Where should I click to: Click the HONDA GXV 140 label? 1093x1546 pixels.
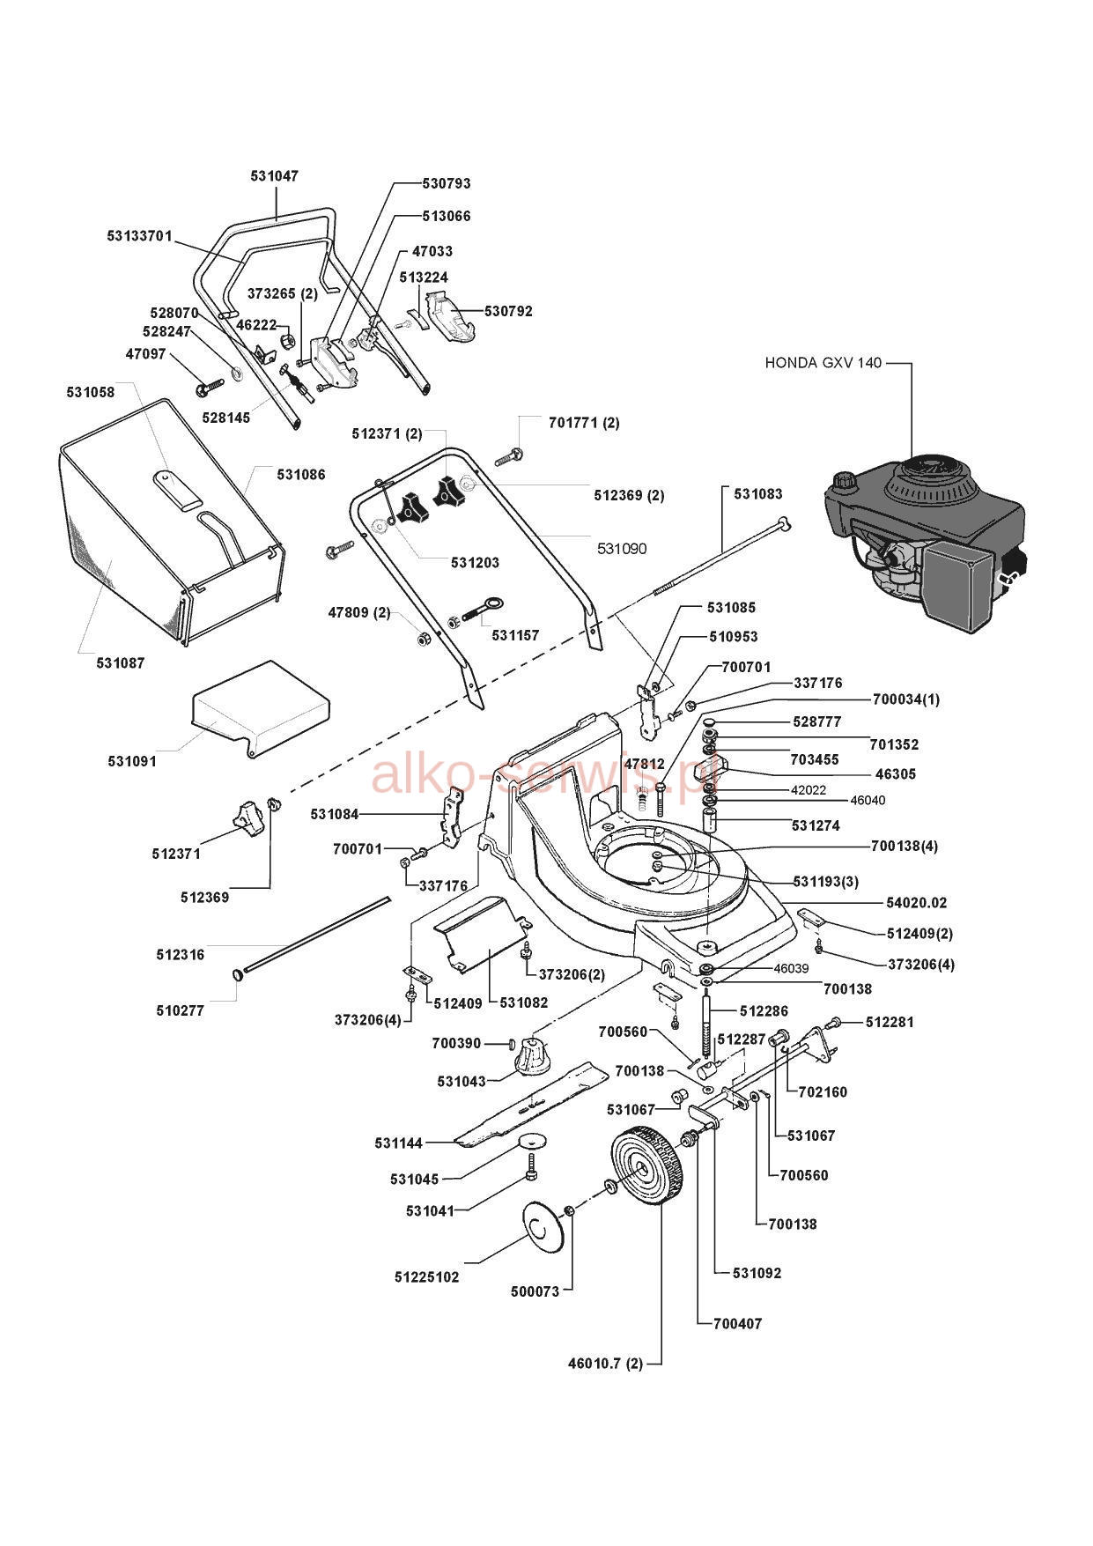coord(822,362)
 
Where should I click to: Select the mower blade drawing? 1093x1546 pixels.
coord(530,1104)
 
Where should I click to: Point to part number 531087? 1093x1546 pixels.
coord(121,662)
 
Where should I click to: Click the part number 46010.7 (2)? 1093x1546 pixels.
coord(605,1364)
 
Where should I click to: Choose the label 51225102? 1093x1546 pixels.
coord(426,1276)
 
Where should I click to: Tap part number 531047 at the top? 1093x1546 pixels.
coord(274,175)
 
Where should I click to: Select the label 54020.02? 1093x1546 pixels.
coord(917,903)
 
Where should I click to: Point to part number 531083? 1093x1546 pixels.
coord(757,494)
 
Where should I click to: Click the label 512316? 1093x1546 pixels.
coord(181,954)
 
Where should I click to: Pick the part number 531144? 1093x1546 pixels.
coord(399,1143)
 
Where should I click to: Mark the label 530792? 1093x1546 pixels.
coord(508,311)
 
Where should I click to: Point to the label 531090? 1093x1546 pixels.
coord(622,549)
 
